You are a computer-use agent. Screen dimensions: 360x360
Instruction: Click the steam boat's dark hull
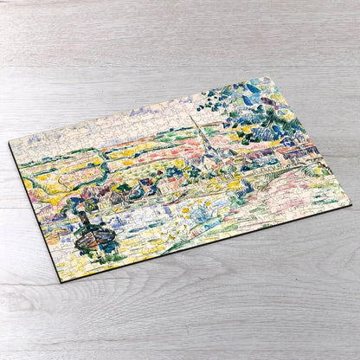(x=93, y=239)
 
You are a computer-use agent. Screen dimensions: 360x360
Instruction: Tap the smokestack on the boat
(x=85, y=219)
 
